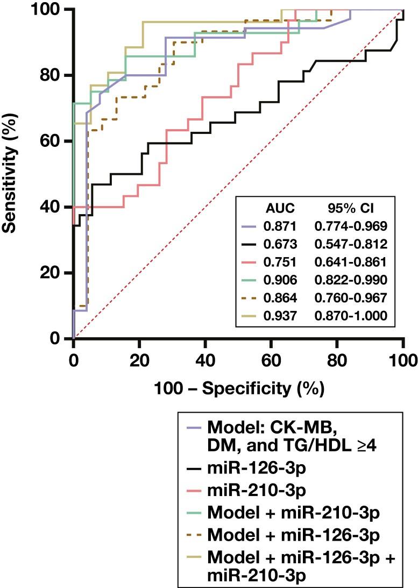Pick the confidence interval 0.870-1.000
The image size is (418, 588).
coord(351,317)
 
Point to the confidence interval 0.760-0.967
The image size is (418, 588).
coord(351,299)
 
